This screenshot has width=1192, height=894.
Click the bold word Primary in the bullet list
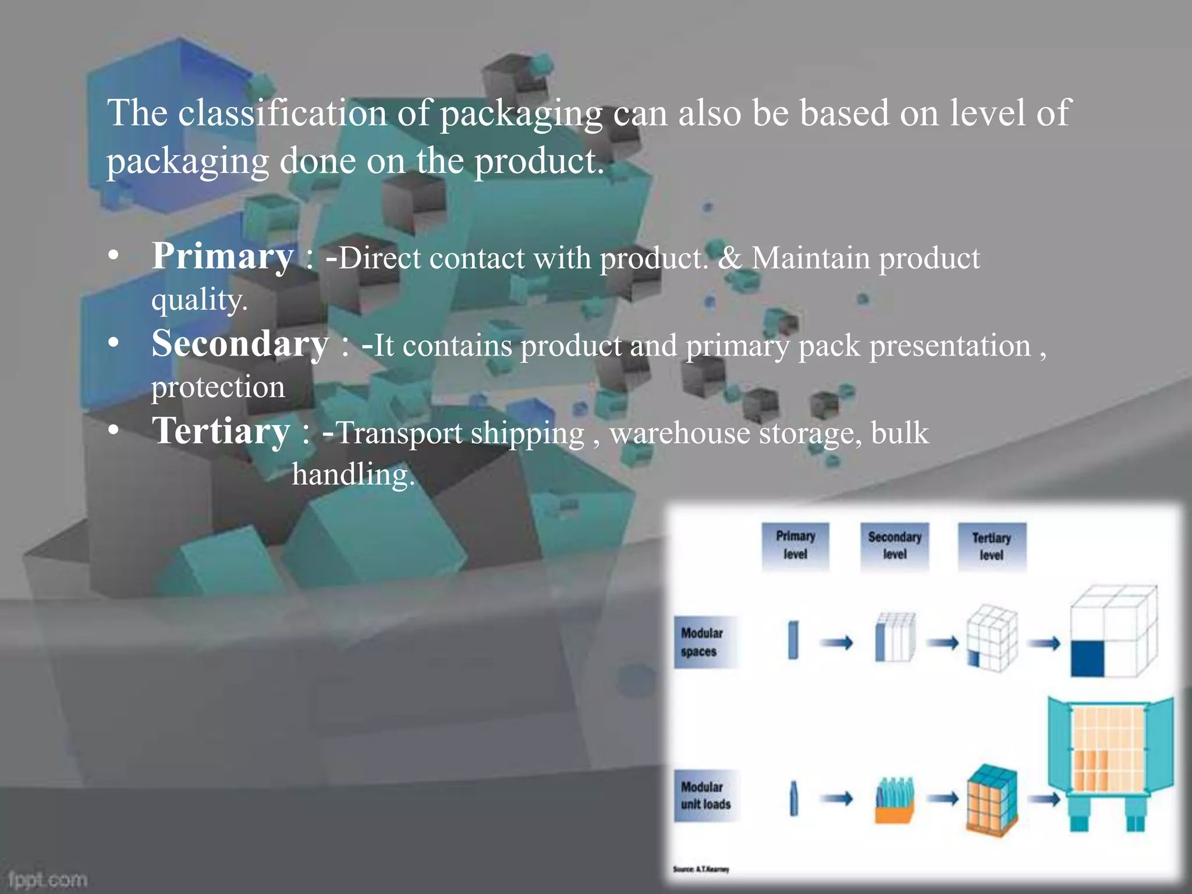(x=222, y=257)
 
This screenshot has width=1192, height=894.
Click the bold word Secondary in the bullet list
(x=240, y=344)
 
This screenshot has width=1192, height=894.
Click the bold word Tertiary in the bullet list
(x=221, y=431)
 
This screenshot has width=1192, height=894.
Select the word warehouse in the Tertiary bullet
(x=680, y=433)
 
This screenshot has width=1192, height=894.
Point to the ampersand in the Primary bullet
(x=729, y=258)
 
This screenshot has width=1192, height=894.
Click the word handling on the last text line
(x=353, y=474)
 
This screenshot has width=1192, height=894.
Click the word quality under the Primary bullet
(x=199, y=300)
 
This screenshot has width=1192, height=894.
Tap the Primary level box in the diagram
(x=795, y=545)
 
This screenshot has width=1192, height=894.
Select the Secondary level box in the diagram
(x=895, y=546)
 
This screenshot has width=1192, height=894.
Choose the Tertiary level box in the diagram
(x=992, y=547)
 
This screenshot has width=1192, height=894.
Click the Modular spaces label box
(x=704, y=642)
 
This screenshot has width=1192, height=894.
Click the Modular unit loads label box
(x=705, y=796)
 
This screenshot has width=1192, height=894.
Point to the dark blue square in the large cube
(x=1087, y=659)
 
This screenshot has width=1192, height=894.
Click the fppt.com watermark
(x=48, y=879)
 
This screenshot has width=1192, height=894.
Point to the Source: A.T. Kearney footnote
(x=701, y=869)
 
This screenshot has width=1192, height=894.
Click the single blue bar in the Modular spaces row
(x=793, y=640)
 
